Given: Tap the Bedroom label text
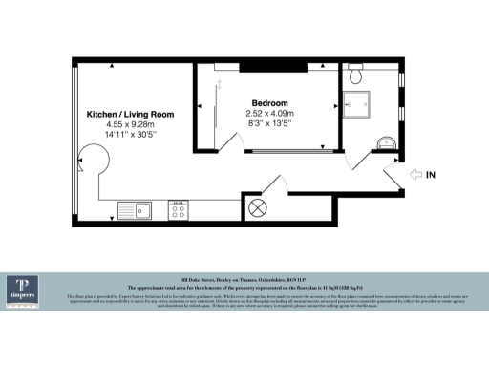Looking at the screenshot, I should tap(269, 102).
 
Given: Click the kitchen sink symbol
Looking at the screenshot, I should tap(136, 209).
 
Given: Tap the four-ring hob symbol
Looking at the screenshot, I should tap(179, 209).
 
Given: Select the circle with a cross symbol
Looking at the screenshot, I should tap(258, 208).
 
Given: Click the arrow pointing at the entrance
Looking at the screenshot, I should tap(415, 174).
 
